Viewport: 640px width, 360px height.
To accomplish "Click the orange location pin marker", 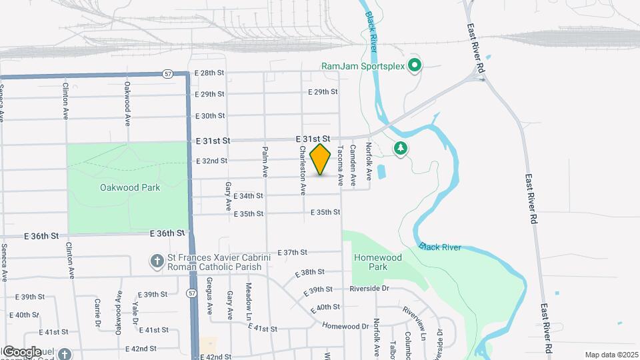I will [x=321, y=159].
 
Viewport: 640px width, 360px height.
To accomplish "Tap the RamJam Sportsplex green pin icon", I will [x=414, y=65].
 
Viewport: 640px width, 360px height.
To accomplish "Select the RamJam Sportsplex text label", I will [x=362, y=66].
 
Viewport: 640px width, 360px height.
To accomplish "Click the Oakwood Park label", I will [x=130, y=187].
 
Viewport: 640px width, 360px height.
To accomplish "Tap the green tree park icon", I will [x=400, y=148].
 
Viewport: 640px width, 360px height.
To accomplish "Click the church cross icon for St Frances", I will [x=157, y=261].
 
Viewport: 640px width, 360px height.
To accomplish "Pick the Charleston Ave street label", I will [x=302, y=171].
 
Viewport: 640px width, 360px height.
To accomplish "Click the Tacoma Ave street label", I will [x=339, y=166].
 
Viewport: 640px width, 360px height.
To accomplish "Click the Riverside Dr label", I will [x=369, y=289].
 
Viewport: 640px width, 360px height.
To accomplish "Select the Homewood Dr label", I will [x=345, y=326].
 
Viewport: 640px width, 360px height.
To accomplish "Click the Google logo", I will [x=22, y=351].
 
